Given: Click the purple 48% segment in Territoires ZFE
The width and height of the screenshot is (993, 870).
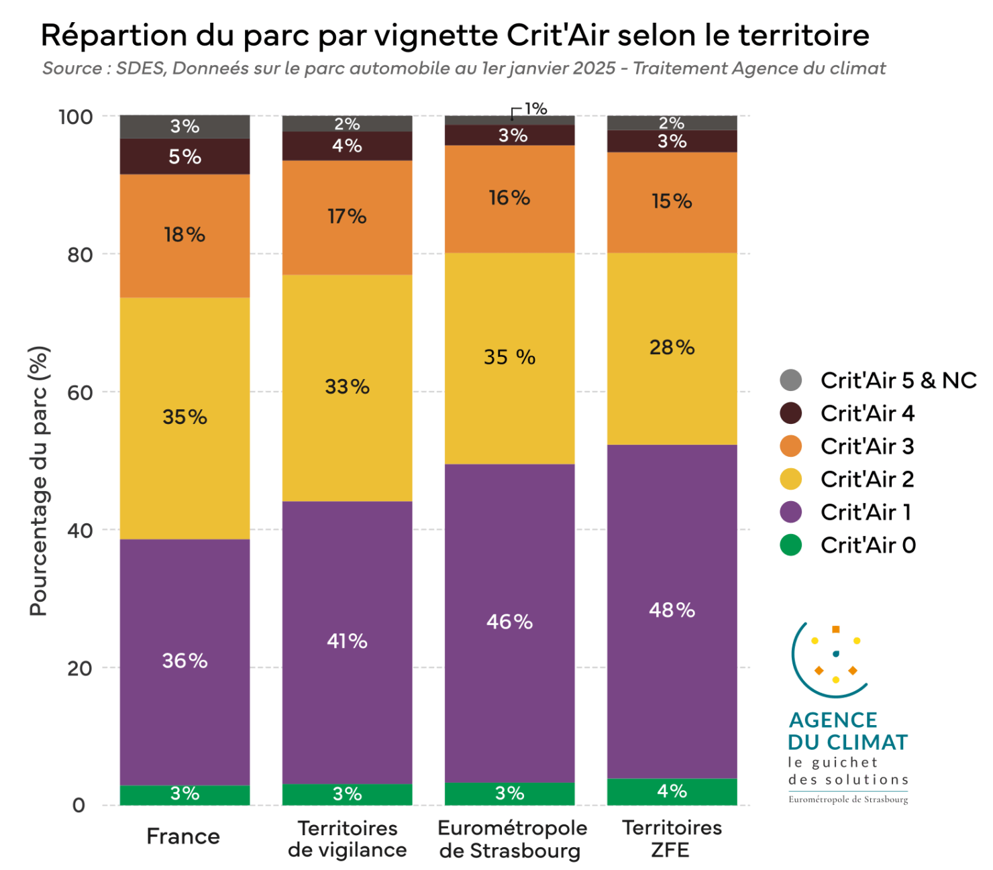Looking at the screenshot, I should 672,610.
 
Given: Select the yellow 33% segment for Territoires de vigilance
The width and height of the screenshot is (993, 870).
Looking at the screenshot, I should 347,388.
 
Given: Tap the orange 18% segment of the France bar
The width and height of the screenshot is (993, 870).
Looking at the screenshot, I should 185,235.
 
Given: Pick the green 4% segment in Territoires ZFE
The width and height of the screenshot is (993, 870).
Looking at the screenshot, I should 672,792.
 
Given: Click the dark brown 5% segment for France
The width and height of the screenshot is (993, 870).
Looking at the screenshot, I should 185,157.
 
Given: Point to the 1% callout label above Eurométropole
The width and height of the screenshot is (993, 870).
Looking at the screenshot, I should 535,109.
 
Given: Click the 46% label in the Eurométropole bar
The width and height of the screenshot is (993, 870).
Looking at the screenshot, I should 509,622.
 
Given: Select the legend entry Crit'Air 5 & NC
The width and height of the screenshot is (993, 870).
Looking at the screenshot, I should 898,380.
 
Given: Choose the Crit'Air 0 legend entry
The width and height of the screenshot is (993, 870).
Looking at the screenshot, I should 868,545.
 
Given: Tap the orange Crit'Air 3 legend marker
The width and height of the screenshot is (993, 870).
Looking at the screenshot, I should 791,446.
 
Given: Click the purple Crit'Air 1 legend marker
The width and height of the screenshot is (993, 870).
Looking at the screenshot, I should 791,512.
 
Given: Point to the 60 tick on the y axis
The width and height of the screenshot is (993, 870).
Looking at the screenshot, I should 80,392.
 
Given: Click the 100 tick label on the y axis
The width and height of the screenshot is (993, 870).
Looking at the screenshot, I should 75,117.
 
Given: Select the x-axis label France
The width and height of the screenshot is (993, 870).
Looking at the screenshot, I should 183,836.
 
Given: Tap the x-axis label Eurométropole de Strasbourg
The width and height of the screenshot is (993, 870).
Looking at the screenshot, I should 512,839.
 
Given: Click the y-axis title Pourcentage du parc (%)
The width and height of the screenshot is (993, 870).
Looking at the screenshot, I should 39,481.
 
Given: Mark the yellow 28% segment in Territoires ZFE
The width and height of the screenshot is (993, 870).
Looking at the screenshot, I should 672,348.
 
